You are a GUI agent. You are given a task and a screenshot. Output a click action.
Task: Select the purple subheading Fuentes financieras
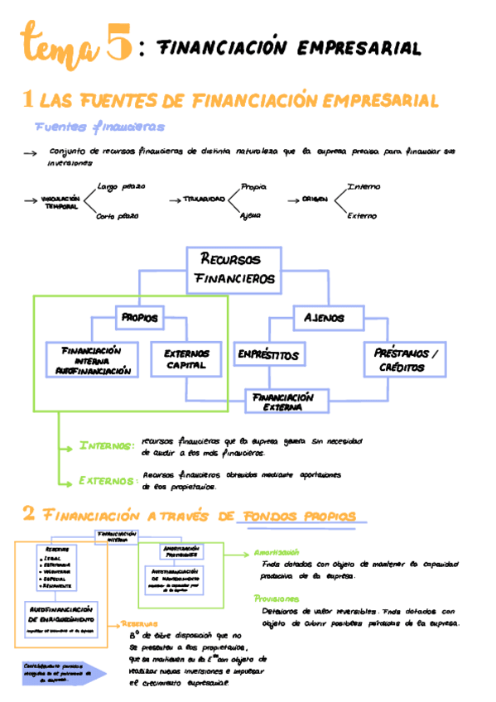[99, 127]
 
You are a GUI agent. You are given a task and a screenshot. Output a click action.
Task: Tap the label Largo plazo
[121, 187]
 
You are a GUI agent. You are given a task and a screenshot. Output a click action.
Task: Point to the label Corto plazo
[117, 216]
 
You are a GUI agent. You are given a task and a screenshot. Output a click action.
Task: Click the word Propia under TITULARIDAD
[253, 187]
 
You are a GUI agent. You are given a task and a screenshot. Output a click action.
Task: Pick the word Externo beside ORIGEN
[362, 216]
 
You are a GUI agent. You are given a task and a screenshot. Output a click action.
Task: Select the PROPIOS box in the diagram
[139, 317]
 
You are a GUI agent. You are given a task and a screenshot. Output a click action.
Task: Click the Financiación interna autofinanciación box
[92, 360]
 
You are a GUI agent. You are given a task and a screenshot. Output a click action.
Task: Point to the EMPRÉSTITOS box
[267, 355]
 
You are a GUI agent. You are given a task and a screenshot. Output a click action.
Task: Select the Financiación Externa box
[284, 401]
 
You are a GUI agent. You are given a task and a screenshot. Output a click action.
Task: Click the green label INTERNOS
[106, 446]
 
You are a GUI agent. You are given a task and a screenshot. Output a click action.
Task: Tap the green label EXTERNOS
[107, 480]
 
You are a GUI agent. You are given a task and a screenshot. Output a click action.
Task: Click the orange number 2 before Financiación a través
[28, 515]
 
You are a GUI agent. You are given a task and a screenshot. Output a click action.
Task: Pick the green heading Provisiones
[277, 598]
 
